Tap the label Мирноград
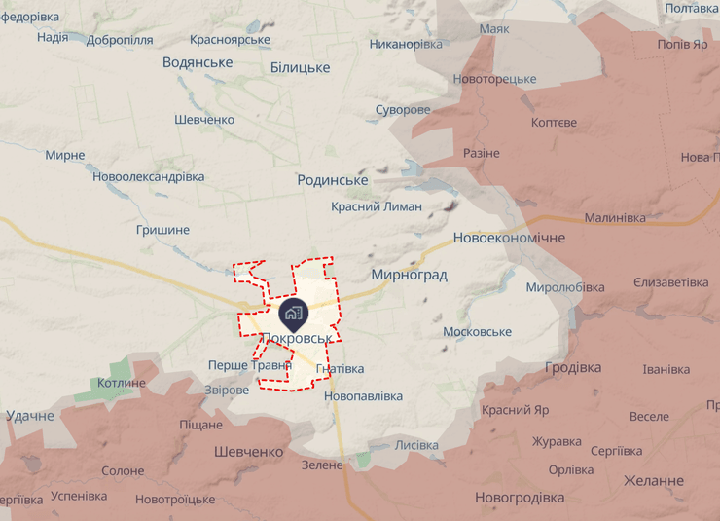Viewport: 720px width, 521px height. tap(409, 275)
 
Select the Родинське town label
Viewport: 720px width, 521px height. tap(333, 180)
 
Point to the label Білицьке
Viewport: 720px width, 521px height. tap(300, 67)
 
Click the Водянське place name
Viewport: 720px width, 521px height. tap(198, 62)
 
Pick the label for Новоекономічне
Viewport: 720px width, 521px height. tap(509, 238)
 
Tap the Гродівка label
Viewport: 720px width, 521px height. tap(573, 367)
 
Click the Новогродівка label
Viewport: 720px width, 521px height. tap(520, 498)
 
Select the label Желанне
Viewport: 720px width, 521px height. tap(655, 481)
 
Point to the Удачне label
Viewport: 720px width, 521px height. tap(30, 416)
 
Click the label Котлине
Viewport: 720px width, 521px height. tap(122, 383)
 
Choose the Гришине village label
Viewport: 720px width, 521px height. tap(162, 230)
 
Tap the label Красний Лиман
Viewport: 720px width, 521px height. tap(377, 206)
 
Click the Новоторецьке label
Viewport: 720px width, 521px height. tap(495, 79)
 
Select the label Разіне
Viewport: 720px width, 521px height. tap(482, 154)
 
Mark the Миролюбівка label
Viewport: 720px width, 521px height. tap(565, 287)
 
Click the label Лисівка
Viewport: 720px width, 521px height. tap(416, 445)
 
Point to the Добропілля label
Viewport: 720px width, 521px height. tap(120, 40)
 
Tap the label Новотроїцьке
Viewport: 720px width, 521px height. tap(175, 499)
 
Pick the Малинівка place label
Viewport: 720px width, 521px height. tap(615, 218)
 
